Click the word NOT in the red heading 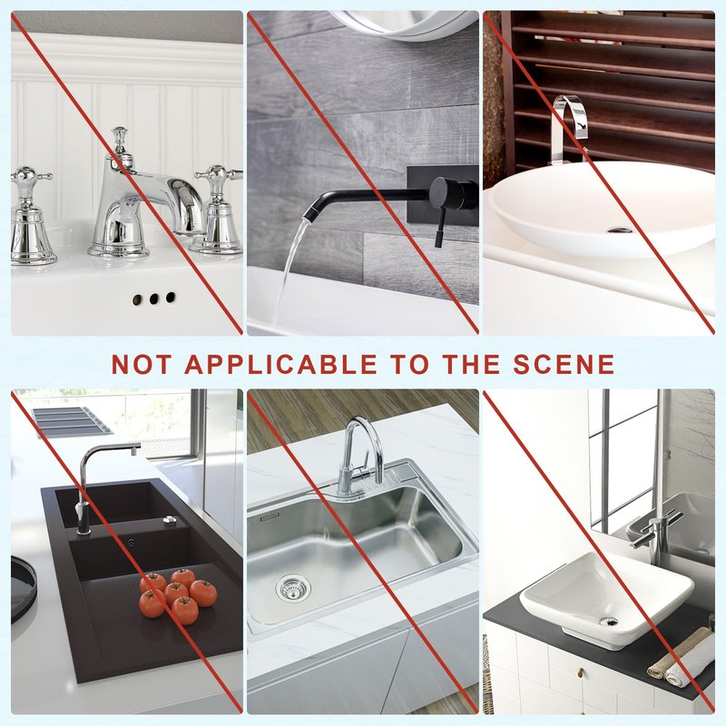142,364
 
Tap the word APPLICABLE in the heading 281,364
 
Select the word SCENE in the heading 564,364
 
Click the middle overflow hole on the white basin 153,299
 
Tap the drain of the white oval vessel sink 620,230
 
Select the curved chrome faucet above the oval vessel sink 569,129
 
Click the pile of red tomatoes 178,595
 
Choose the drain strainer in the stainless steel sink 293,588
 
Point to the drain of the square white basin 608,622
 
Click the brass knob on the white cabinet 581,672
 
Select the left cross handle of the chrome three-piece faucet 31,216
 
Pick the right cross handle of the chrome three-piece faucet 217,210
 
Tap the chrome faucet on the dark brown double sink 104,486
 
